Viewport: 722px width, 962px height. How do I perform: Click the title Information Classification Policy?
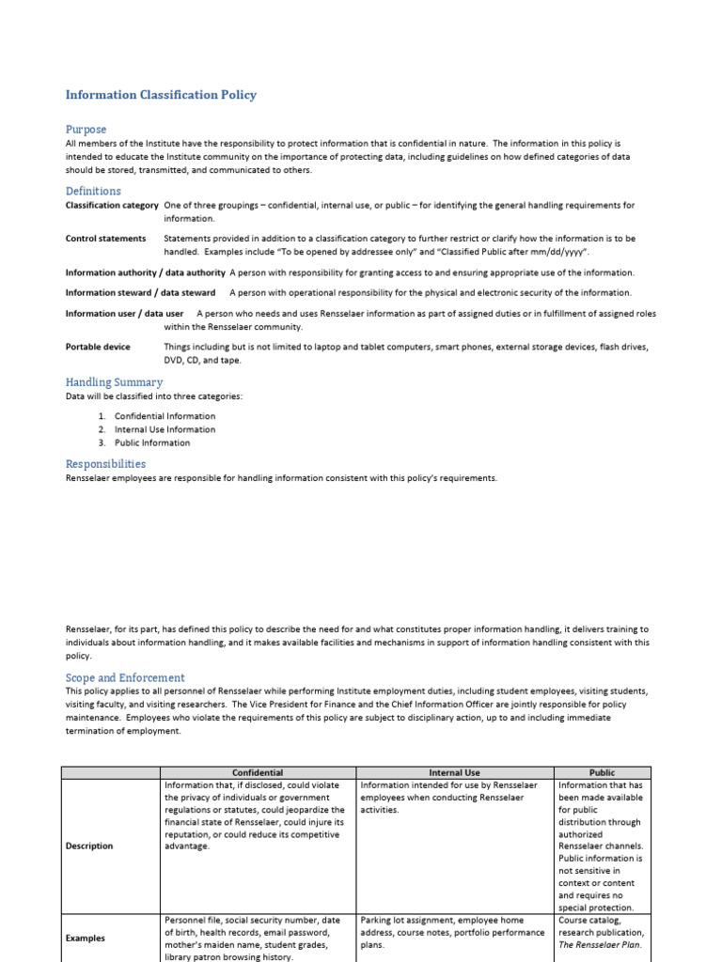(x=161, y=95)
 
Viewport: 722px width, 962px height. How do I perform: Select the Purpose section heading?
(x=86, y=129)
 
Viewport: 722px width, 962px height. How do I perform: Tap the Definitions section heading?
(x=93, y=191)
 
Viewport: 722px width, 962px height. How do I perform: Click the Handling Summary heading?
(x=114, y=382)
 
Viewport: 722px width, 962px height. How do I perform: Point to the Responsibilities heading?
(x=105, y=463)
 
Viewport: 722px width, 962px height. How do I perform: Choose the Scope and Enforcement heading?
(x=125, y=677)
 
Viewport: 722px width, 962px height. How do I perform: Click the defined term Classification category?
(x=112, y=205)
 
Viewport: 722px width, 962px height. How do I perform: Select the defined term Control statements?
(x=105, y=239)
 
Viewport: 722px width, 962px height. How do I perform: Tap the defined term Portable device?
(x=98, y=347)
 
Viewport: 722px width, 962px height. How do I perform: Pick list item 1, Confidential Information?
(x=165, y=416)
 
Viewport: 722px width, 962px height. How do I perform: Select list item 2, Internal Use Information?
(x=165, y=429)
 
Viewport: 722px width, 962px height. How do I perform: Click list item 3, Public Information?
(x=152, y=442)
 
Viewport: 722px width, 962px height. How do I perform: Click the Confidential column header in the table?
(x=257, y=772)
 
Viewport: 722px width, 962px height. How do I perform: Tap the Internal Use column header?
(x=454, y=772)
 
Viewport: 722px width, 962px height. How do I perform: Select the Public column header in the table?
(x=602, y=772)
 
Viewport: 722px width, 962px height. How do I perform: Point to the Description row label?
(x=89, y=846)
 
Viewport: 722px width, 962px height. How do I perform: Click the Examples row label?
(x=86, y=938)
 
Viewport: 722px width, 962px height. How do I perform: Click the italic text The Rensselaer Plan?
(x=600, y=945)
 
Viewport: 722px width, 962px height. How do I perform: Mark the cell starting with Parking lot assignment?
(x=453, y=933)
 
